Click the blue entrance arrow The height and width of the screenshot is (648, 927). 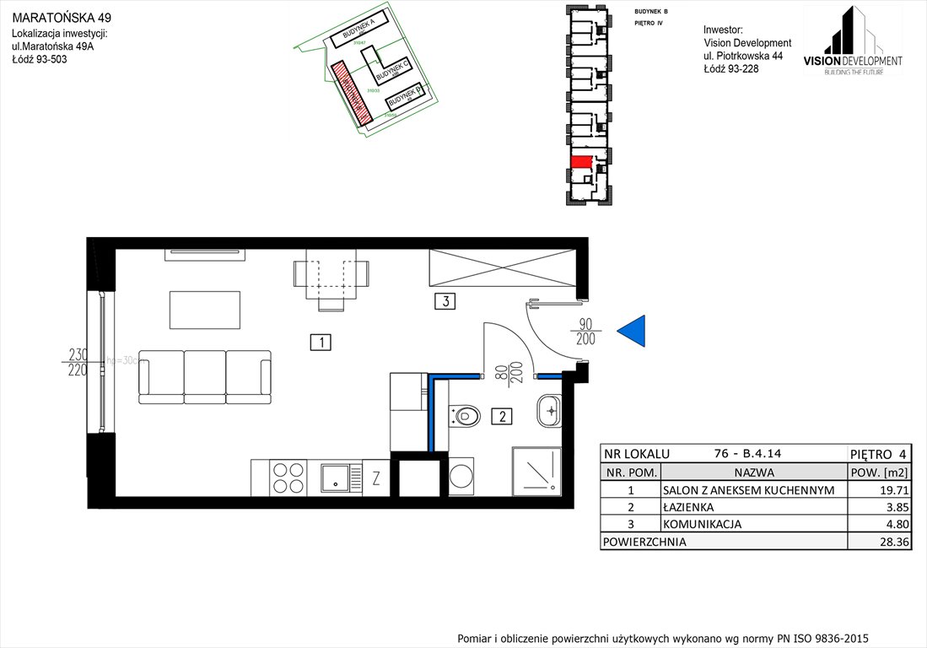click(633, 332)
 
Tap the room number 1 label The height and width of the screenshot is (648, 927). click(320, 342)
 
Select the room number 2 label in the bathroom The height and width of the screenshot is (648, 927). click(501, 415)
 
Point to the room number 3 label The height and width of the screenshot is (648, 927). click(445, 300)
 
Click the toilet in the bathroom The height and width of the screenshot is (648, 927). click(466, 415)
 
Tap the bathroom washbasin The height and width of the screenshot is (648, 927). click(548, 411)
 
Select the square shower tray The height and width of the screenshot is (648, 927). click(536, 471)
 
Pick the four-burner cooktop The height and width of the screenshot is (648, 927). click(288, 478)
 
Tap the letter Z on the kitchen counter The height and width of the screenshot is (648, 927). click(376, 478)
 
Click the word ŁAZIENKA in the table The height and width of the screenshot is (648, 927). click(688, 507)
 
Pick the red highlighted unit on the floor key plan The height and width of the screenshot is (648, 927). click(580, 160)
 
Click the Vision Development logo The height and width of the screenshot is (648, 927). click(852, 41)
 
